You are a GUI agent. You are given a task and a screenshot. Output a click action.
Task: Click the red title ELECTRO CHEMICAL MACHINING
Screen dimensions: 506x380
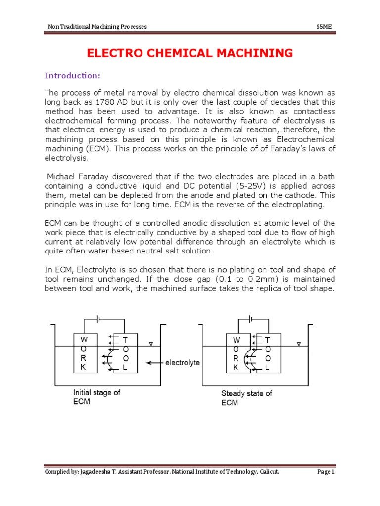coord(190,53)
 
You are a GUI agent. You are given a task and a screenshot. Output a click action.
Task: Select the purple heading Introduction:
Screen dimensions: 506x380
coord(73,75)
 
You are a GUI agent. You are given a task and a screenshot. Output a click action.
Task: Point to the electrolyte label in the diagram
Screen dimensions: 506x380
coord(183,362)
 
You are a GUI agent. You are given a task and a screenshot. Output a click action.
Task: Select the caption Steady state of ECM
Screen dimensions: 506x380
coord(246,397)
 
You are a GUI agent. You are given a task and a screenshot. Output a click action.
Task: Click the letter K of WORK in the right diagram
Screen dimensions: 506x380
coord(236,368)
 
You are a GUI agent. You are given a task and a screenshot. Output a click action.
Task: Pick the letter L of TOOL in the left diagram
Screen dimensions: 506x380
coord(125,368)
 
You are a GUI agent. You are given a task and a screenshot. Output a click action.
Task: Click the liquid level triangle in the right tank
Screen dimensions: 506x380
coord(298,344)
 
